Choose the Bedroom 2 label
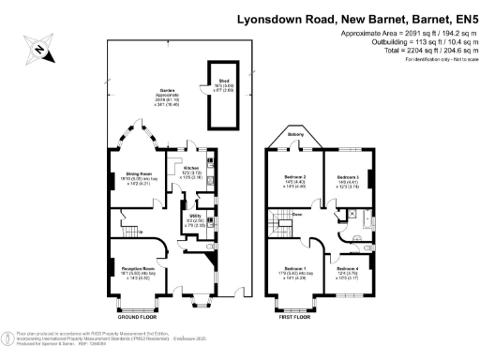tap(295, 178)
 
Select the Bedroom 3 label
tap(348, 178)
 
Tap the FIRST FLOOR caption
tap(295, 316)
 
